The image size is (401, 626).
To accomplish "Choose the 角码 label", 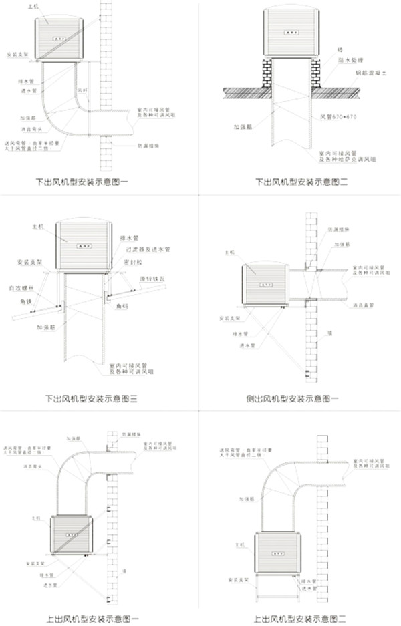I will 120,306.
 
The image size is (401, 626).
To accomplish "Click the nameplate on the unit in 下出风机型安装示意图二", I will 291,31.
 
